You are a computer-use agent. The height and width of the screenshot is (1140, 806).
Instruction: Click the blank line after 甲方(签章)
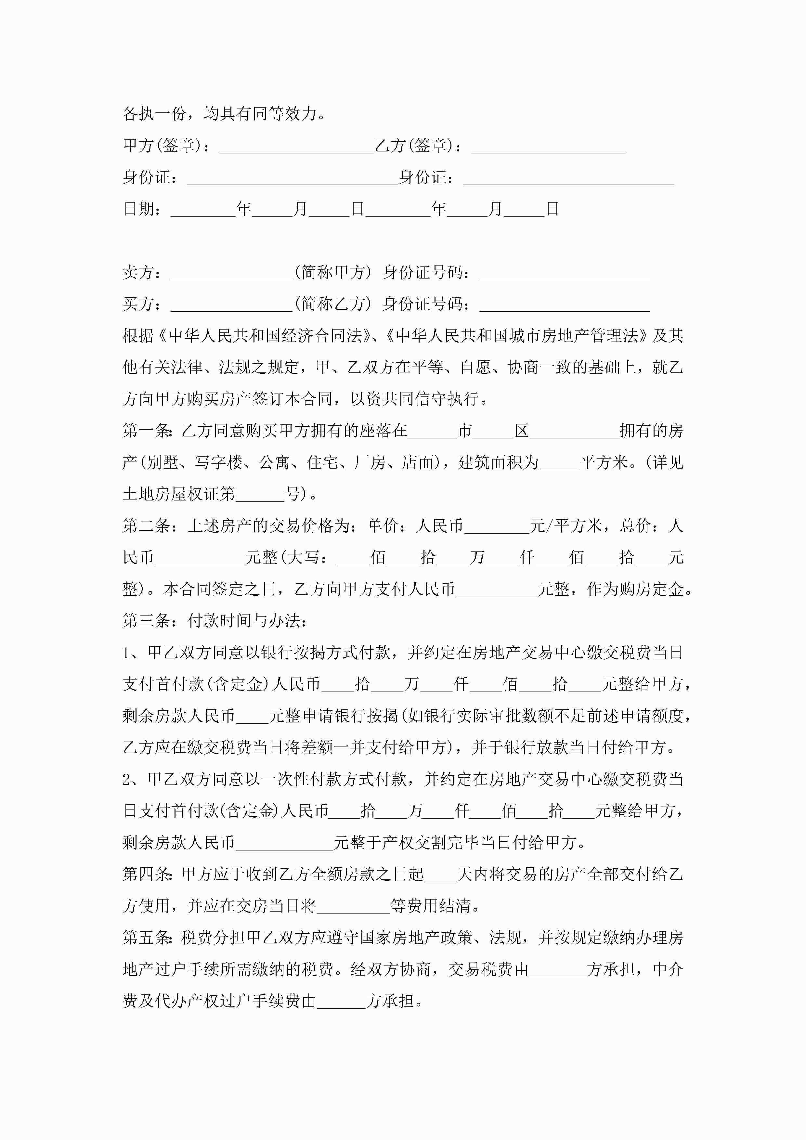(x=296, y=148)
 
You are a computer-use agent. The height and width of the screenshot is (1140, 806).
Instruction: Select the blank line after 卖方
(x=231, y=275)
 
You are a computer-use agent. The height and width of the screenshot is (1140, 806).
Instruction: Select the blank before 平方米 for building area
(x=559, y=465)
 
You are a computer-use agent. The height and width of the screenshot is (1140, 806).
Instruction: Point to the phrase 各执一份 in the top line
(x=154, y=114)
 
